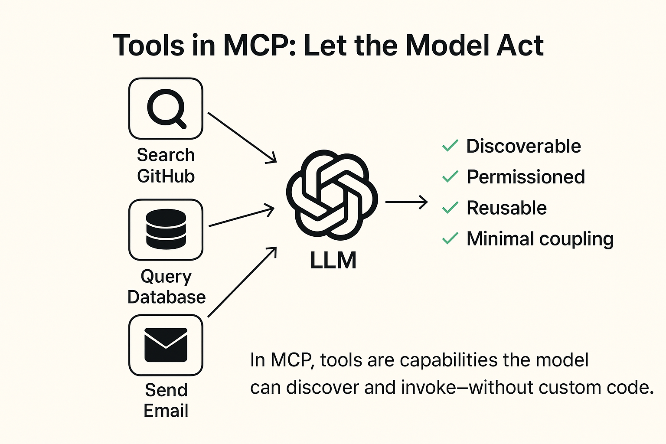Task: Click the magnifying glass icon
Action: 166,108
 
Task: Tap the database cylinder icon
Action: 166,229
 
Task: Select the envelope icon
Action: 166,345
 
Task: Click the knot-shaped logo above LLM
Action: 332,195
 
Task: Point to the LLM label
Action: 333,261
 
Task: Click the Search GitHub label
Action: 166,166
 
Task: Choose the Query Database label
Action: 166,287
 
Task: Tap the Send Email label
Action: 166,400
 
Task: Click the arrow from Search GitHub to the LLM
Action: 242,137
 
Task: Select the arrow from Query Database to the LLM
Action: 241,217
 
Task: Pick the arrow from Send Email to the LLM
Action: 242,282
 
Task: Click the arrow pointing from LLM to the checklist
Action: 406,202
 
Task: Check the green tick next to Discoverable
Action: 450,146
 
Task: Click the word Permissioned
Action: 526,177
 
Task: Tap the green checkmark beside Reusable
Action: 450,208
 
